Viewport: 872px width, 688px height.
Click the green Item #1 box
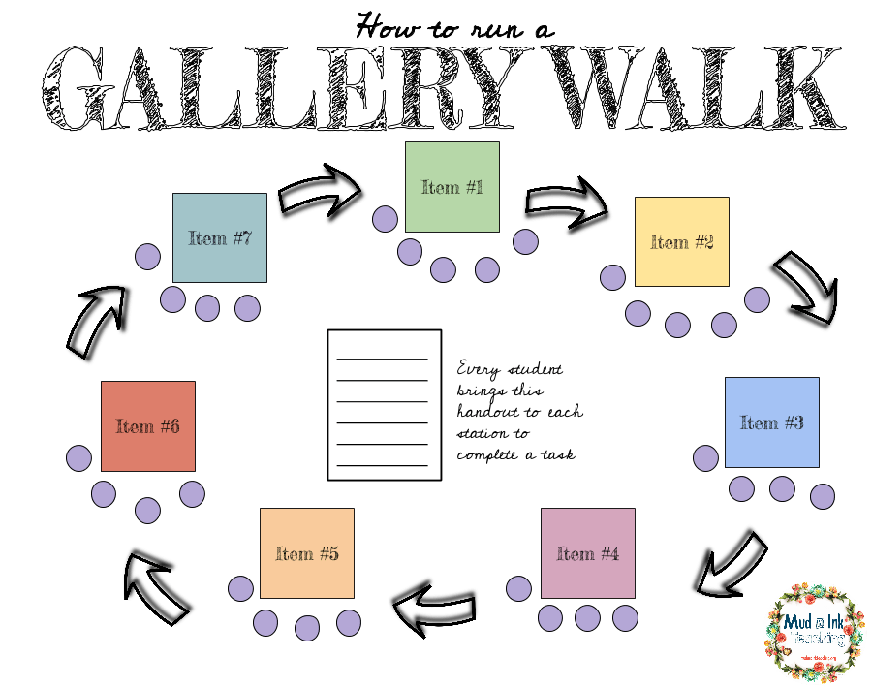(452, 187)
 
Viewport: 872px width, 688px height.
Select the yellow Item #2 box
(681, 241)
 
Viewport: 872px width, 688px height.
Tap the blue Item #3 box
(771, 422)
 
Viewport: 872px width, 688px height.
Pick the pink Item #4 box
(587, 553)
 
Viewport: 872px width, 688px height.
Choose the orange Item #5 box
(306, 553)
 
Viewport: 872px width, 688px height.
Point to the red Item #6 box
(147, 425)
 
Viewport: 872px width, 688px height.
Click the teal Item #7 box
(219, 237)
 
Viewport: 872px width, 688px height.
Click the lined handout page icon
(385, 404)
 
